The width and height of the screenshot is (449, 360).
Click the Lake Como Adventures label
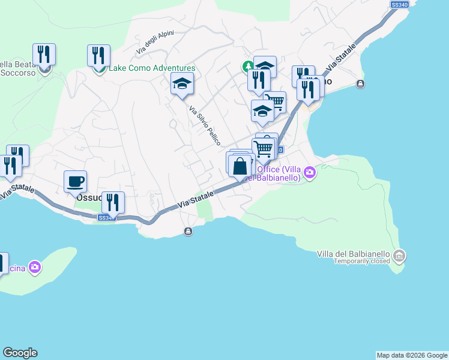click(152, 68)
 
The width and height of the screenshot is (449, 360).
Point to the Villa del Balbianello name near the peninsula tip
click(354, 254)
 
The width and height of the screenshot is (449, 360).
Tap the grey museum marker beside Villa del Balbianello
click(400, 257)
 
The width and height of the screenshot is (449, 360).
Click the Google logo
click(20, 353)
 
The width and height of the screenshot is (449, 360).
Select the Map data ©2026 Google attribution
click(412, 355)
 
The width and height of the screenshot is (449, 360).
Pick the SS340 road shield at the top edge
click(399, 4)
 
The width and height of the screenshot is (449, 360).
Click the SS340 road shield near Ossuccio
click(106, 217)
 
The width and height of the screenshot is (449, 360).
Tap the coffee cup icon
click(75, 181)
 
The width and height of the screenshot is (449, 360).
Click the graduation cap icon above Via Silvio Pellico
click(182, 83)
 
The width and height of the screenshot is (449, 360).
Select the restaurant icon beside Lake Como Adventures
click(98, 55)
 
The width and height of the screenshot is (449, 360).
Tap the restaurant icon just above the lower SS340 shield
click(113, 202)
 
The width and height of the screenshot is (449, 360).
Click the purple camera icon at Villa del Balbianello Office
click(310, 173)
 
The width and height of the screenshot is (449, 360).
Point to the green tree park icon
click(247, 65)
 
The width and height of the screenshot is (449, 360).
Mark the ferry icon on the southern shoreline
click(188, 232)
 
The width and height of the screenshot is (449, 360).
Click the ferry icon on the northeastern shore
click(360, 84)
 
